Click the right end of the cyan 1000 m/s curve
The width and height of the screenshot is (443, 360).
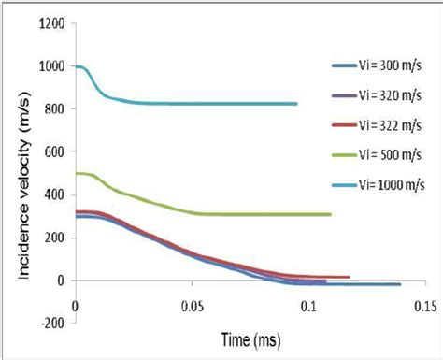(x=297, y=104)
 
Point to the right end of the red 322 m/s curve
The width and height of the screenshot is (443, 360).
(x=349, y=277)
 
